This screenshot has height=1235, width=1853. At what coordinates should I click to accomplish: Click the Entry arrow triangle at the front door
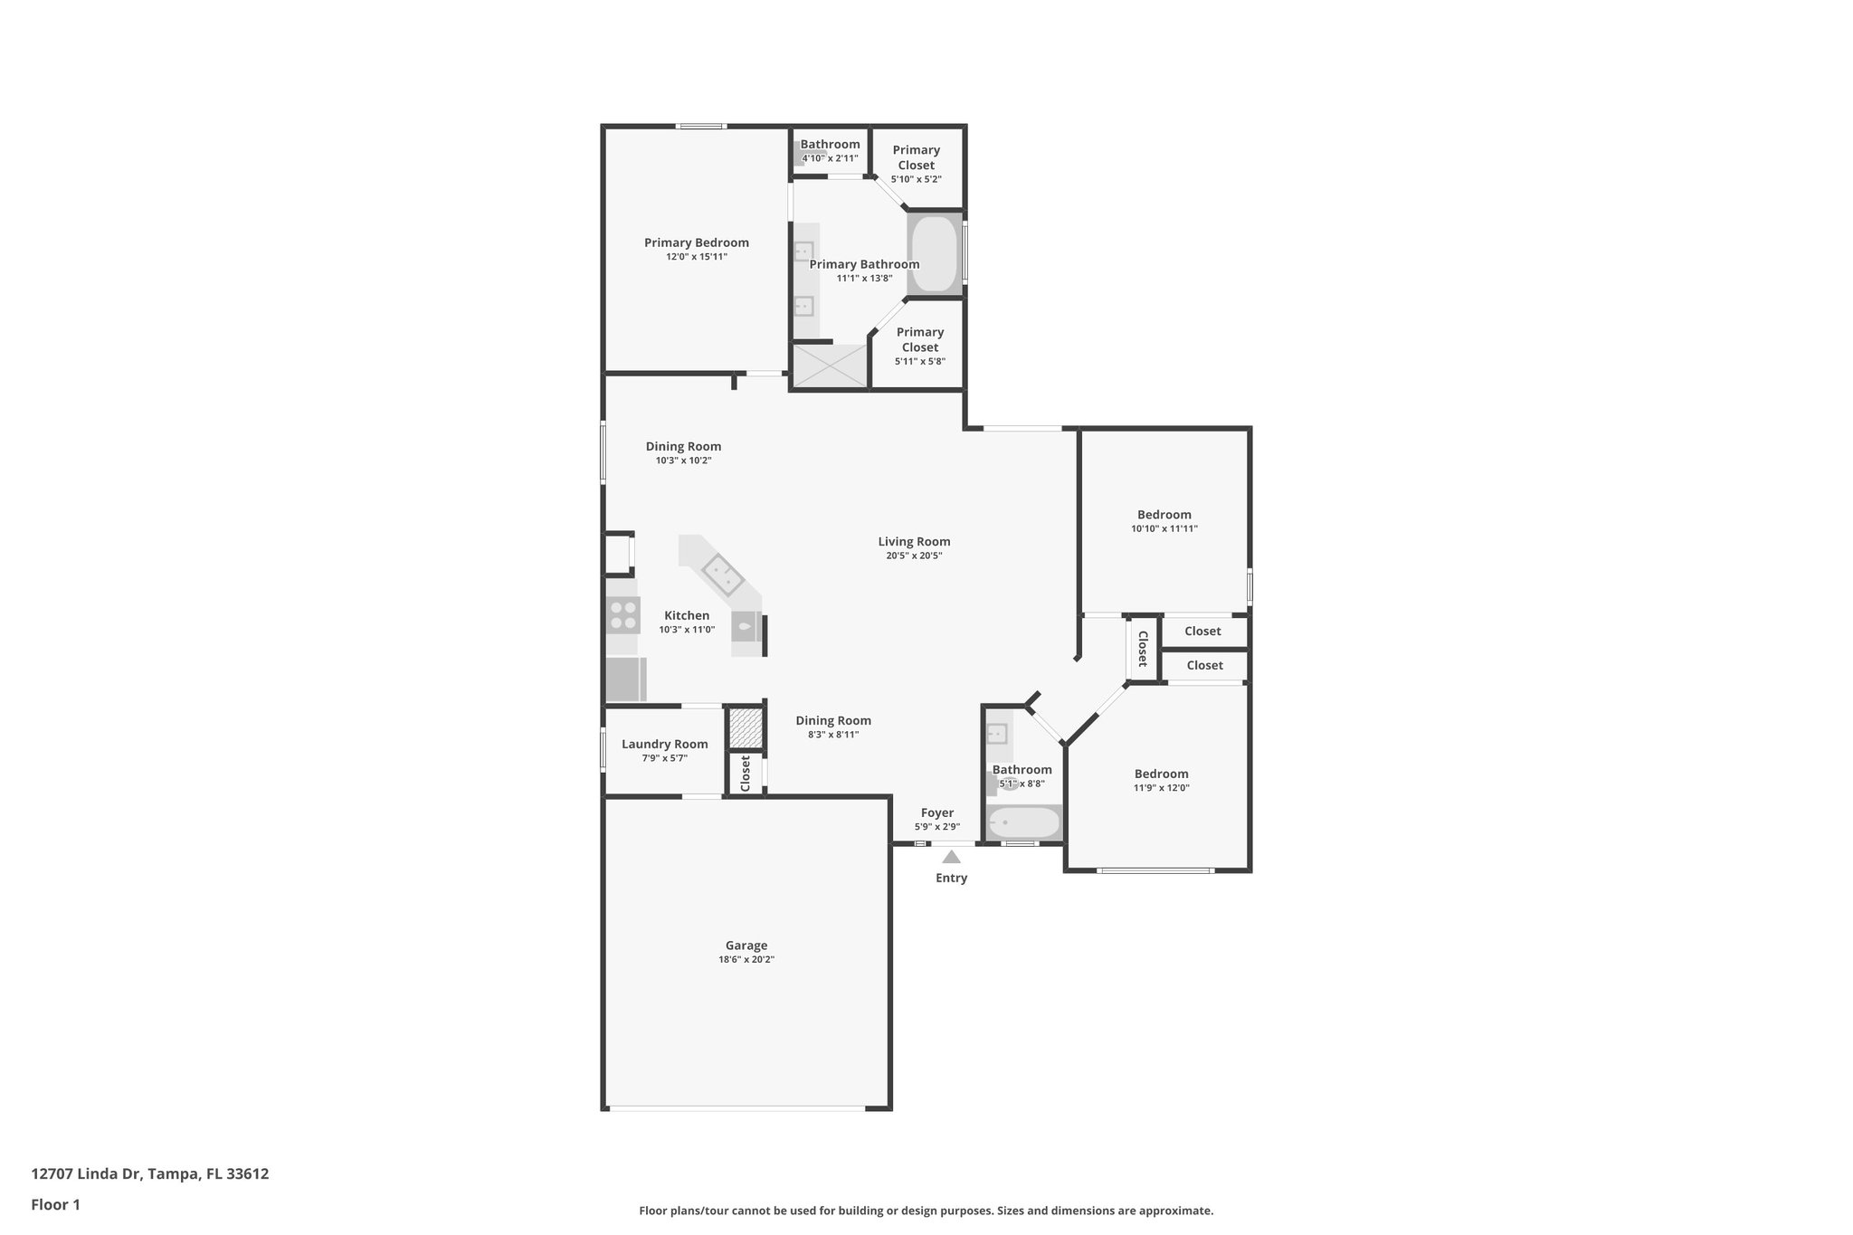(951, 857)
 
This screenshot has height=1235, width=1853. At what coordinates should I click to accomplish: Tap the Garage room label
(746, 945)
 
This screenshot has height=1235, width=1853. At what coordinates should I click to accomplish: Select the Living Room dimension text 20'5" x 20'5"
(914, 556)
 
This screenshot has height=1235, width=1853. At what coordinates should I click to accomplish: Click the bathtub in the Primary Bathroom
(933, 253)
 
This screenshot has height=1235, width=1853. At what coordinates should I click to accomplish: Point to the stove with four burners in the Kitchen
(622, 615)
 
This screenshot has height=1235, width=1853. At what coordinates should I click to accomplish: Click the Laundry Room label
(664, 745)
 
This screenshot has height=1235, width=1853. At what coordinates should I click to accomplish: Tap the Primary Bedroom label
(696, 242)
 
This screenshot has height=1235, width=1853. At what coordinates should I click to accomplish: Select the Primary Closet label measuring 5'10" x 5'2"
(916, 157)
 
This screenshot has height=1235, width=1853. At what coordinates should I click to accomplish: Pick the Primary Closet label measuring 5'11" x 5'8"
(919, 339)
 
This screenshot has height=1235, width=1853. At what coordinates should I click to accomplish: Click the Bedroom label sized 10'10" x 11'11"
(1164, 515)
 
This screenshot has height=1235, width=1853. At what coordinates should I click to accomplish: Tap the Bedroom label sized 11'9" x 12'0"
(1161, 774)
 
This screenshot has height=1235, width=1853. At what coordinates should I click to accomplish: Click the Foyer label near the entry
(936, 812)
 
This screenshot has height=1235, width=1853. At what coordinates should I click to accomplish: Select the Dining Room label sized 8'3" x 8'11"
(832, 721)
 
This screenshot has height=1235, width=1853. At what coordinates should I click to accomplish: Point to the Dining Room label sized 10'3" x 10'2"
(683, 446)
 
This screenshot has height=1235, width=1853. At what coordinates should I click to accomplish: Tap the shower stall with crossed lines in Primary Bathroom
(830, 366)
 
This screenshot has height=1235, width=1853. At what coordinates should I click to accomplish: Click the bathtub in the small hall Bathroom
(1023, 823)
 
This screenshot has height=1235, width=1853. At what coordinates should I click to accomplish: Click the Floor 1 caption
(55, 1204)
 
